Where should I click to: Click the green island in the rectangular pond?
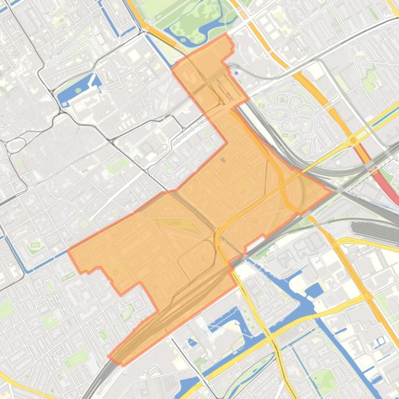(x=78, y=90)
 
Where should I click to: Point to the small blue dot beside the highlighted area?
(x=237, y=73)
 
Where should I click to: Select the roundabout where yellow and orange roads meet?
(x=353, y=140)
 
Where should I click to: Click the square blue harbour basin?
(x=314, y=290)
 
